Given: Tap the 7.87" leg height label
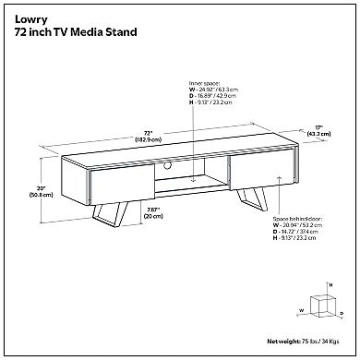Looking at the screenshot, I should click(x=129, y=209).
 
